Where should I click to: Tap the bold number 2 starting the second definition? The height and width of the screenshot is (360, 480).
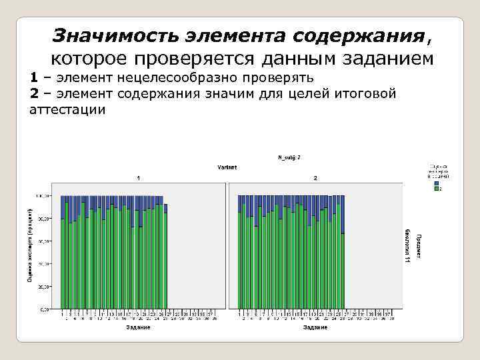pos(34,93)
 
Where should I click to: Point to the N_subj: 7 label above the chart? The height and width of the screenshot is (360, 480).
pos(289,157)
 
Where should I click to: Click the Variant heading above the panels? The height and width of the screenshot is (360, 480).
pos(227,167)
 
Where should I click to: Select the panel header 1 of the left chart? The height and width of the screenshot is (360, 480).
pos(138,179)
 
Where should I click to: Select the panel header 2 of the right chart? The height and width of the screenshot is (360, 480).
pos(315,179)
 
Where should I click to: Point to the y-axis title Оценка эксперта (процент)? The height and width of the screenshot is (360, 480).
pos(29,243)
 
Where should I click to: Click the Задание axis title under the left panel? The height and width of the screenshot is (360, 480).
pos(138,327)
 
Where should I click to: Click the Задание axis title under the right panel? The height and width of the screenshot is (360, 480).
pos(315,327)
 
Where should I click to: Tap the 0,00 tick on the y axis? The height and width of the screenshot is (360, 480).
pos(45,309)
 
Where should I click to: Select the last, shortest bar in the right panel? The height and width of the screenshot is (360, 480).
pos(343,271)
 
